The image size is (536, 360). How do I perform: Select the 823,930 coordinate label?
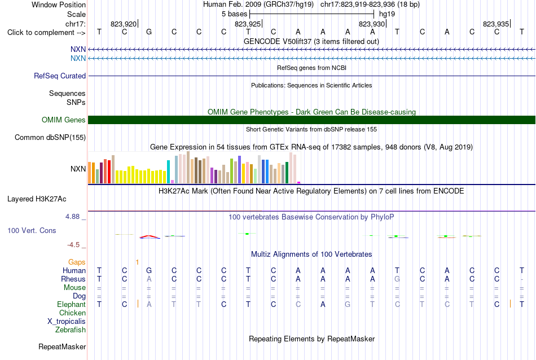(372, 24)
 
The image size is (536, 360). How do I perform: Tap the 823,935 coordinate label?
(496, 24)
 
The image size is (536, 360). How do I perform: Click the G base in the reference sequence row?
(149, 32)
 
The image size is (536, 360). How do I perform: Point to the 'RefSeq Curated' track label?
(60, 76)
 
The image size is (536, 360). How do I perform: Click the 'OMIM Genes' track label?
(64, 120)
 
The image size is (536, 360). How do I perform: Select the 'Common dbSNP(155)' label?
(50, 138)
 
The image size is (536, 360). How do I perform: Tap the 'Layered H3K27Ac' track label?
(37, 199)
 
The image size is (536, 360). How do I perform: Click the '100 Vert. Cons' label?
(32, 230)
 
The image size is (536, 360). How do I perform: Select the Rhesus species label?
(73, 279)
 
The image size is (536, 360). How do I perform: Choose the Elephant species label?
(72, 304)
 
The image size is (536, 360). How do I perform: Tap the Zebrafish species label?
(71, 330)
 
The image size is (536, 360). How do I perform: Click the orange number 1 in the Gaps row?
(137, 262)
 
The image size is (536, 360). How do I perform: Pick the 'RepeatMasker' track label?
(62, 346)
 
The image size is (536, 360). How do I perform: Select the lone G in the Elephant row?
(348, 304)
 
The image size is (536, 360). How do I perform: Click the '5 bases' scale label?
(234, 14)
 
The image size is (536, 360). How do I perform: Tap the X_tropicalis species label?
(67, 322)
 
